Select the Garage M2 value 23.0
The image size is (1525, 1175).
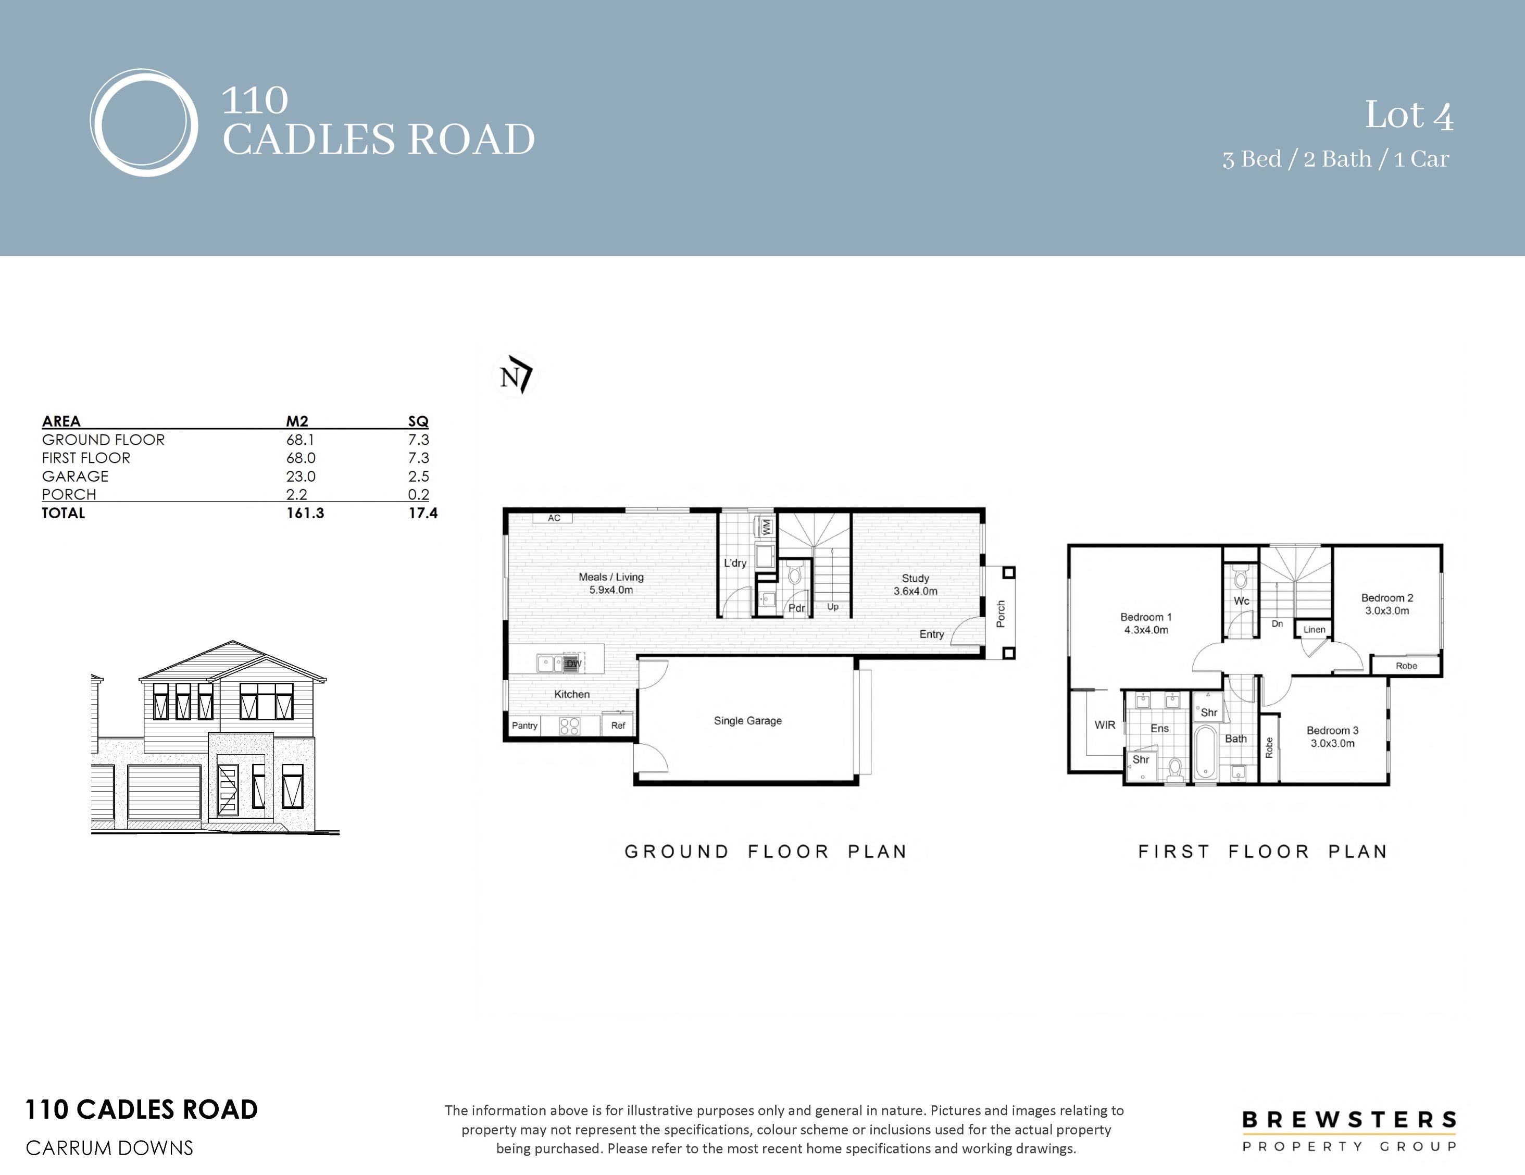pyautogui.click(x=301, y=476)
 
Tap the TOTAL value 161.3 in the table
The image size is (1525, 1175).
pyautogui.click(x=305, y=513)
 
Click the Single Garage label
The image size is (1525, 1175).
pyautogui.click(x=748, y=720)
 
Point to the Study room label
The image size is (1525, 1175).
pyautogui.click(x=916, y=578)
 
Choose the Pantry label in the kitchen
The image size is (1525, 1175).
pyautogui.click(x=524, y=726)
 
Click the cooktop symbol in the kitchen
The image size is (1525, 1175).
pyautogui.click(x=570, y=727)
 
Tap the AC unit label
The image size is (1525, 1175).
pyautogui.click(x=554, y=518)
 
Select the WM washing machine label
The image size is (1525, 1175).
pyautogui.click(x=767, y=527)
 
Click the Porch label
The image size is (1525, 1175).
pyautogui.click(x=1001, y=614)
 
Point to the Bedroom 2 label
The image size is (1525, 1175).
pyautogui.click(x=1387, y=597)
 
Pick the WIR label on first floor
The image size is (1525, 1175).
pyautogui.click(x=1105, y=724)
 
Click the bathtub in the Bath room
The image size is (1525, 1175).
pyautogui.click(x=1205, y=753)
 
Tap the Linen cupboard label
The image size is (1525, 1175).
pyautogui.click(x=1314, y=629)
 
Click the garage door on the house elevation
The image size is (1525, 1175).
pyautogui.click(x=165, y=792)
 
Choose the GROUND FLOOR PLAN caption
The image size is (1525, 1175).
pyautogui.click(x=765, y=852)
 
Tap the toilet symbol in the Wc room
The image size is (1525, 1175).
pyautogui.click(x=1241, y=578)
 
